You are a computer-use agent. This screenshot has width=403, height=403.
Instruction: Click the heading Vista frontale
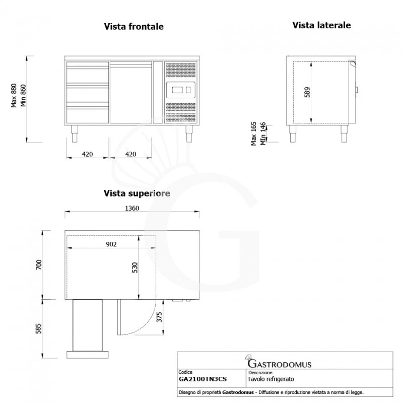pos(133,27)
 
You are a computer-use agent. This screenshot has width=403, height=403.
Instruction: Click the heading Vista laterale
pos(321,25)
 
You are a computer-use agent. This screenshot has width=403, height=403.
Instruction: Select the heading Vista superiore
pos(137,193)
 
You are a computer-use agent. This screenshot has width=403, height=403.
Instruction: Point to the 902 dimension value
pos(112,244)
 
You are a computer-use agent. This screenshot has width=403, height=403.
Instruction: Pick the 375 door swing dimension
pos(159,316)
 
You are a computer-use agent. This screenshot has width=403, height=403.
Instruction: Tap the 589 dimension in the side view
pos(307,92)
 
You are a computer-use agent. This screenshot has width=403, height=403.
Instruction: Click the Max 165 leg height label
pos(254,133)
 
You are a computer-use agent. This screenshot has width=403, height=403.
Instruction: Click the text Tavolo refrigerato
pos(271,378)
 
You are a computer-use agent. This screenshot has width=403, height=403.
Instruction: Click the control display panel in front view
pos(180,90)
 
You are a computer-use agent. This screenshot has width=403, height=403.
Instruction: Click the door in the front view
pos(131,92)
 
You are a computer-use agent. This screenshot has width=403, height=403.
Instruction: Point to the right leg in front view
pos(189,134)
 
